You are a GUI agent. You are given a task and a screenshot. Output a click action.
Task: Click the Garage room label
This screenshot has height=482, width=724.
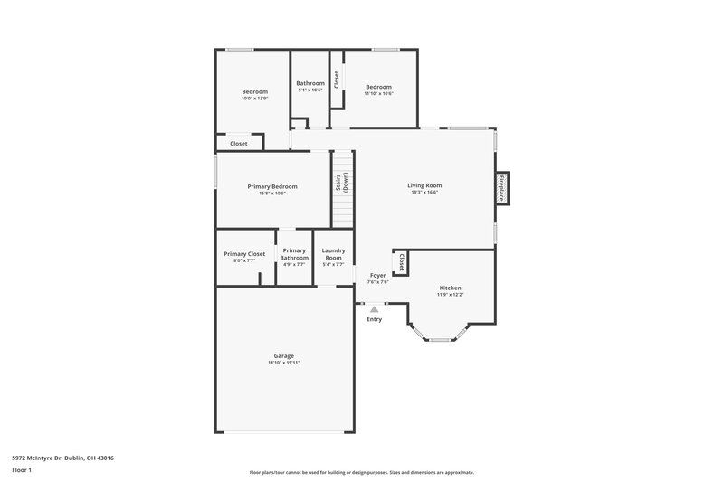tap(284, 355)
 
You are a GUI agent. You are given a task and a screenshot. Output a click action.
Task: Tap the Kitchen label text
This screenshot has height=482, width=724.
tap(450, 288)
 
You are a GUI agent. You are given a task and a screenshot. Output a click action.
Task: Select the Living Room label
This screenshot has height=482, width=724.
tap(424, 185)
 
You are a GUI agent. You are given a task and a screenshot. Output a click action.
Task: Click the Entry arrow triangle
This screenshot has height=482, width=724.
tap(374, 309)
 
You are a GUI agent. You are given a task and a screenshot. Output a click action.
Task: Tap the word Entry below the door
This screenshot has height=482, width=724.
tap(374, 319)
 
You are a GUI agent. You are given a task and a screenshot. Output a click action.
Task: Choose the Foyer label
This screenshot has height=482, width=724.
tap(377, 275)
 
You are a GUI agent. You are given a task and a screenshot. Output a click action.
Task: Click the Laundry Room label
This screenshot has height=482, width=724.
tap(333, 254)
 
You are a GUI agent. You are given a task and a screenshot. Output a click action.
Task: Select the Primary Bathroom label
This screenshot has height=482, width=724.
tap(294, 254)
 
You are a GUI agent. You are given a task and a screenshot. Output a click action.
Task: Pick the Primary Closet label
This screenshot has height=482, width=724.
tap(244, 254)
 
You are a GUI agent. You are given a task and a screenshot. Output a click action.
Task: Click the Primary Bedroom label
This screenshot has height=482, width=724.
tap(272, 186)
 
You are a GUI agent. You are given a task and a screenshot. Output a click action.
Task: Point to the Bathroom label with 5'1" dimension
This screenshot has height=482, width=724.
tap(310, 83)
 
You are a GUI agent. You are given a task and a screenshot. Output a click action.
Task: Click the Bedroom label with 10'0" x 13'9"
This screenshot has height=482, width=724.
tap(254, 91)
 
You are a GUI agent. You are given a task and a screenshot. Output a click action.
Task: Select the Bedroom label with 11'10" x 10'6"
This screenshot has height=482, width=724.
tap(378, 87)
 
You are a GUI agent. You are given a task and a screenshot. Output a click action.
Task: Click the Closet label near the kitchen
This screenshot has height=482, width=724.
tap(401, 262)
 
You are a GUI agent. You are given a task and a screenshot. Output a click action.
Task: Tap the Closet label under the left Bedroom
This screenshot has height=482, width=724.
tap(238, 143)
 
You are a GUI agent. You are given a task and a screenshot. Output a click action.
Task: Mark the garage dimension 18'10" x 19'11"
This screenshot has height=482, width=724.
tap(284, 362)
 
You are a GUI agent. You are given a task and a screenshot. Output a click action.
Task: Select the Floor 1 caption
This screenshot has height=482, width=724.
tap(22, 470)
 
